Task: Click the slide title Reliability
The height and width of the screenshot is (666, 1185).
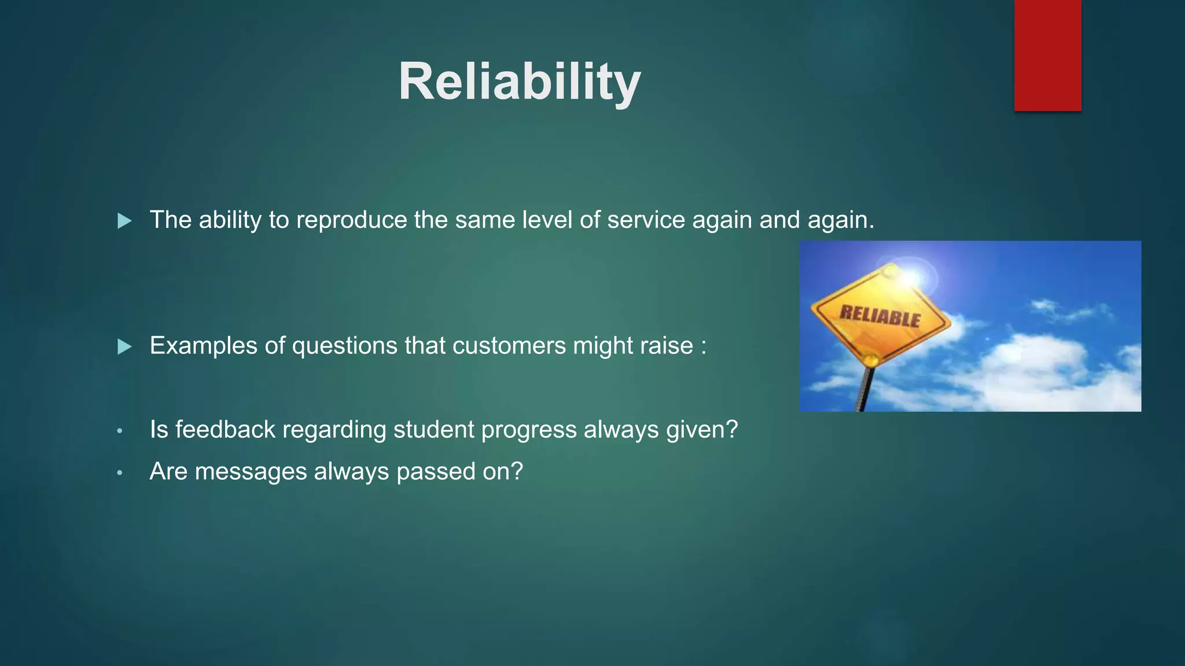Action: point(519,82)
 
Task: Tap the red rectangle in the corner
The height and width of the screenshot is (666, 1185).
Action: point(1047,55)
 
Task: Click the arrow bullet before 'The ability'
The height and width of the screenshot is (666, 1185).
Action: point(124,221)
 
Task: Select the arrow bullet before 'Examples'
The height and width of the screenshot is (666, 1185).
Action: point(124,347)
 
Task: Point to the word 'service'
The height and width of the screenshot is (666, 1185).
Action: point(646,220)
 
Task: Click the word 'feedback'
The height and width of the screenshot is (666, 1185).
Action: point(225,430)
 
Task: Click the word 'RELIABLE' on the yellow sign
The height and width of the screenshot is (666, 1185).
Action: point(879,317)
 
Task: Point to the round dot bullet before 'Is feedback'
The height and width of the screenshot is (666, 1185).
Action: point(120,431)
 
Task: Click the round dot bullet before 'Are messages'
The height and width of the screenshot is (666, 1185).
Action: point(120,473)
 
